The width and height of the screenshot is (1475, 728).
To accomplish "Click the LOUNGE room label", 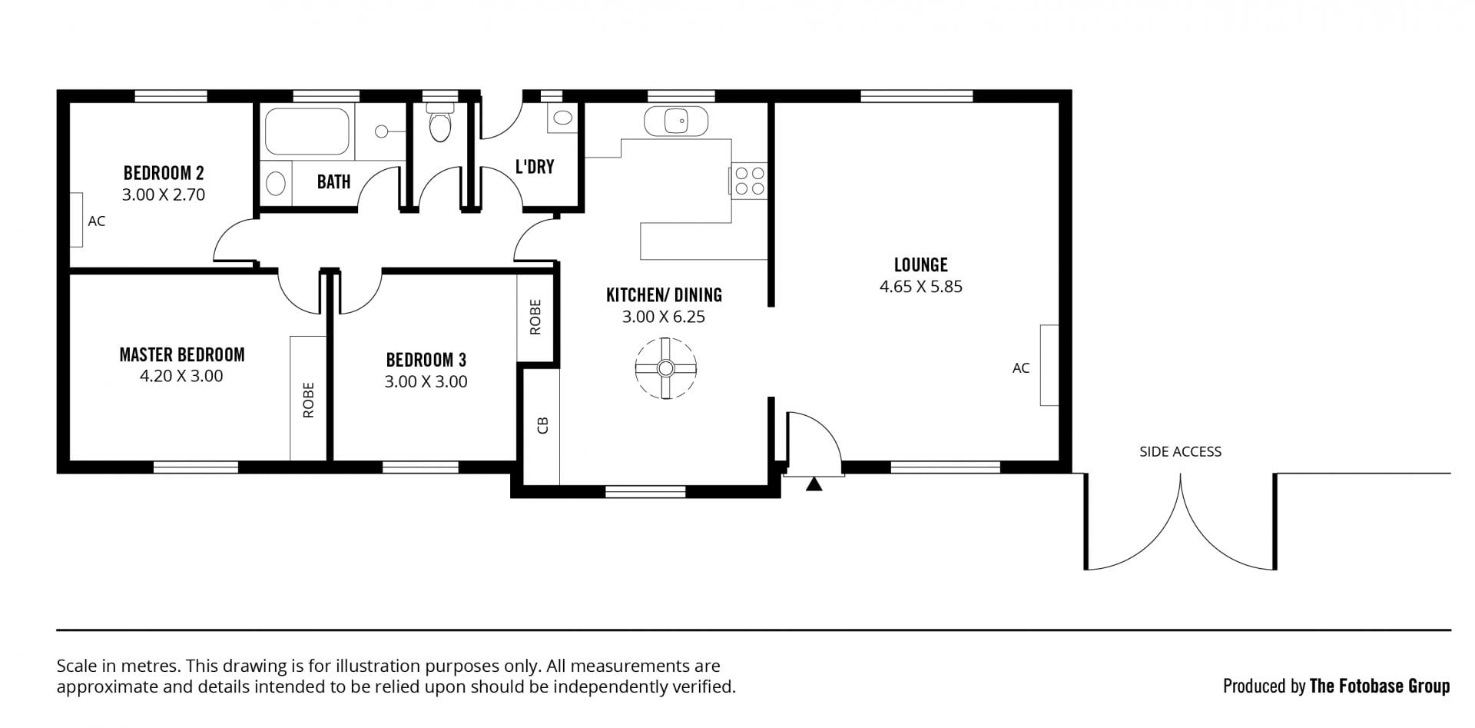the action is tap(920, 265).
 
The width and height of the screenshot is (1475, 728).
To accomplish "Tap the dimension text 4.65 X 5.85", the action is tap(920, 287).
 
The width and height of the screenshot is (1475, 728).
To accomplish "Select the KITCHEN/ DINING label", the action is tap(664, 294).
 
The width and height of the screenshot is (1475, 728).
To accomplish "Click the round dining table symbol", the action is tap(665, 368).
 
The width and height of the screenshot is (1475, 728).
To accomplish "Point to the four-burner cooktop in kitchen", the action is tap(749, 181).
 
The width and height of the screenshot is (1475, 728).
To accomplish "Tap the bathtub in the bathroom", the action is tap(307, 131).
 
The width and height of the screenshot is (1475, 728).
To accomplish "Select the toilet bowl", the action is tap(440, 126).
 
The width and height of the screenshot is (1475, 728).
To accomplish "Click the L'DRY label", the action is tap(535, 167).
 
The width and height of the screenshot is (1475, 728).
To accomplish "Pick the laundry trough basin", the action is tap(563, 118).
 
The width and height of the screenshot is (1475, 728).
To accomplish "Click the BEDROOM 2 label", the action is tap(164, 172).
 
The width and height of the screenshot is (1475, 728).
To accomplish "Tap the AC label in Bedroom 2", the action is tap(97, 221).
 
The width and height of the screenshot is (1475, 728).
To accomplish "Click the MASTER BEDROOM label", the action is tap(182, 354).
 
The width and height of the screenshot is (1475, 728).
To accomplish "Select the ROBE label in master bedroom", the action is tap(309, 400).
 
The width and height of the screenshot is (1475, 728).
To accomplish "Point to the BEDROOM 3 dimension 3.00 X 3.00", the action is tap(426, 382).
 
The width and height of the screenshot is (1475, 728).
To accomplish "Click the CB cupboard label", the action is tap(542, 425).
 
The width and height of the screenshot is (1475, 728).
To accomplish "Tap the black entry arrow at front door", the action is tap(814, 484).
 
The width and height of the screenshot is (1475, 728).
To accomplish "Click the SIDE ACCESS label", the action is tap(1180, 452).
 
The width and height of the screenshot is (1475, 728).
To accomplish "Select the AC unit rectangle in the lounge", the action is tap(1049, 365).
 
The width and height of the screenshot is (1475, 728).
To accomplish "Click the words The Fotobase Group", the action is tap(1380, 686).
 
